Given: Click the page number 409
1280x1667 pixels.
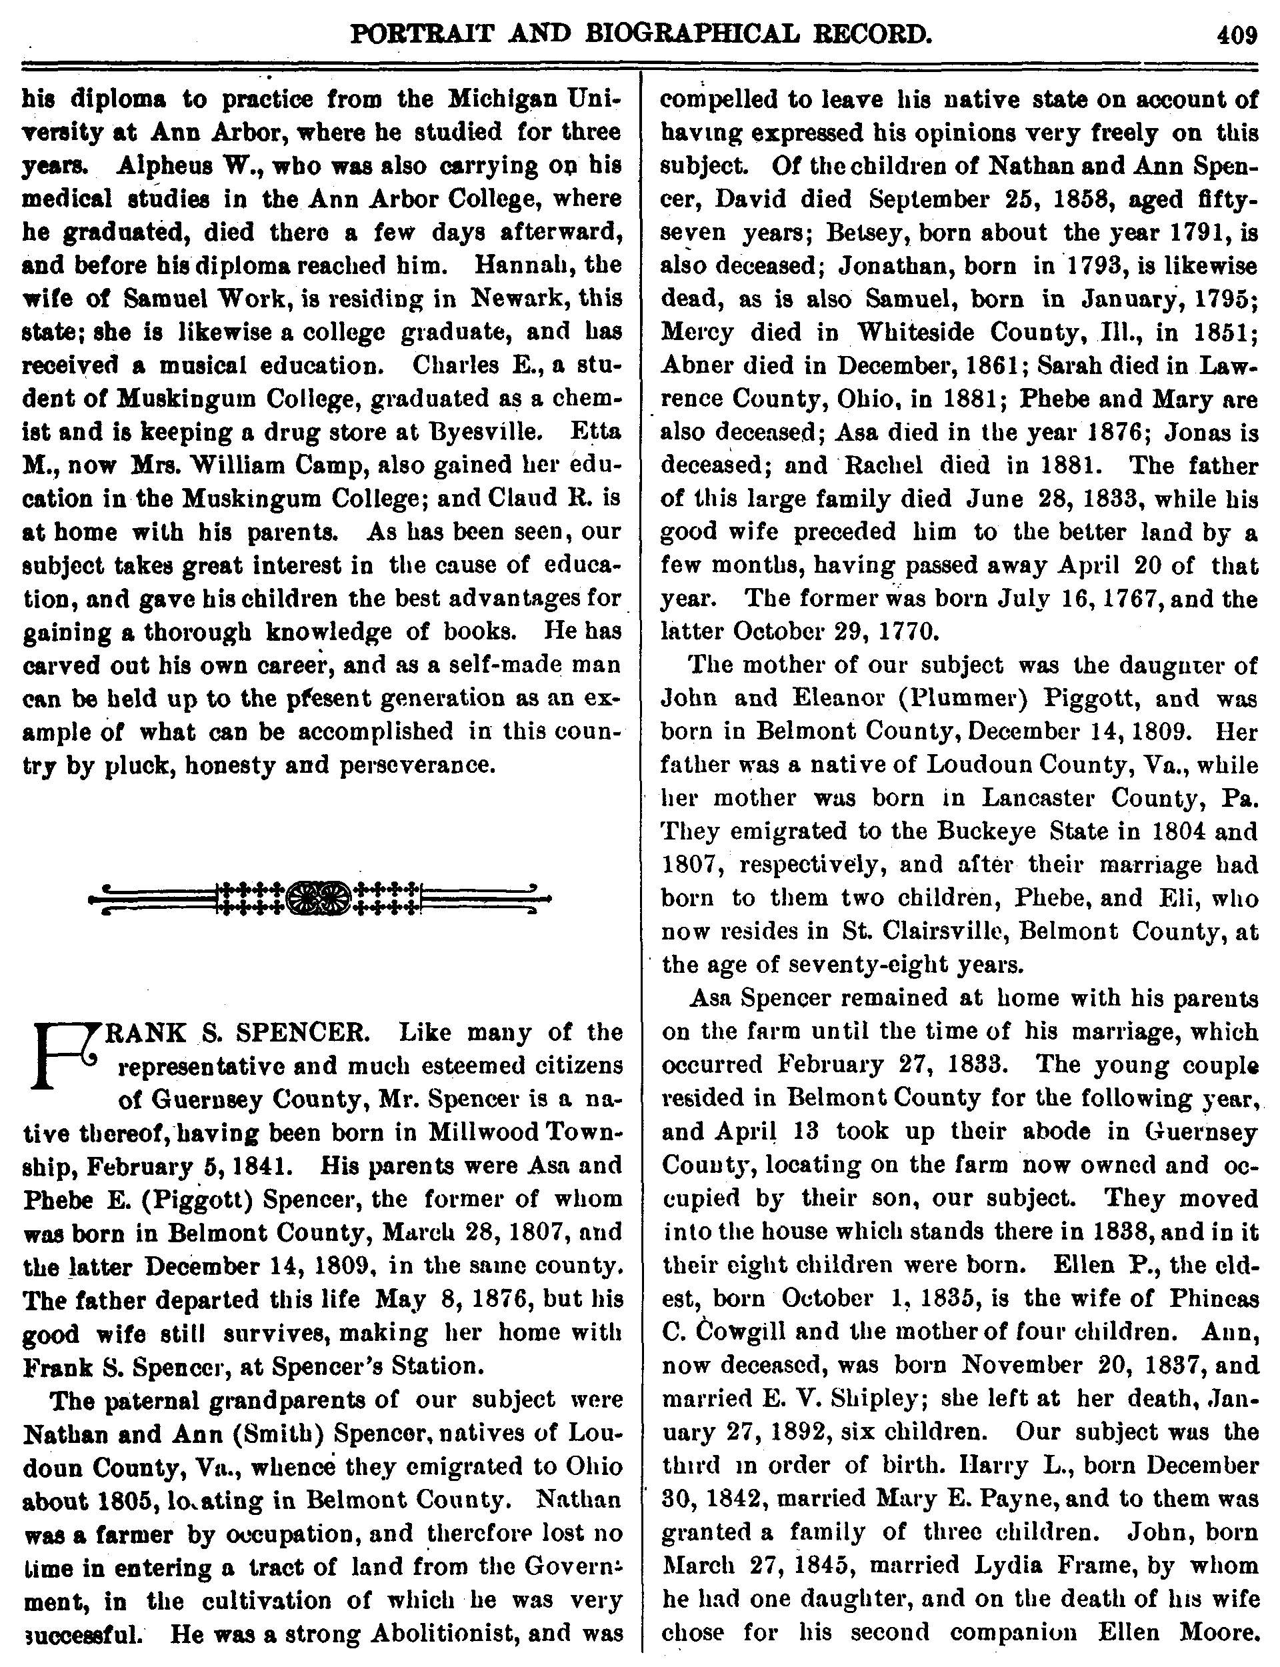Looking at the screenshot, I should tap(1236, 34).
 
